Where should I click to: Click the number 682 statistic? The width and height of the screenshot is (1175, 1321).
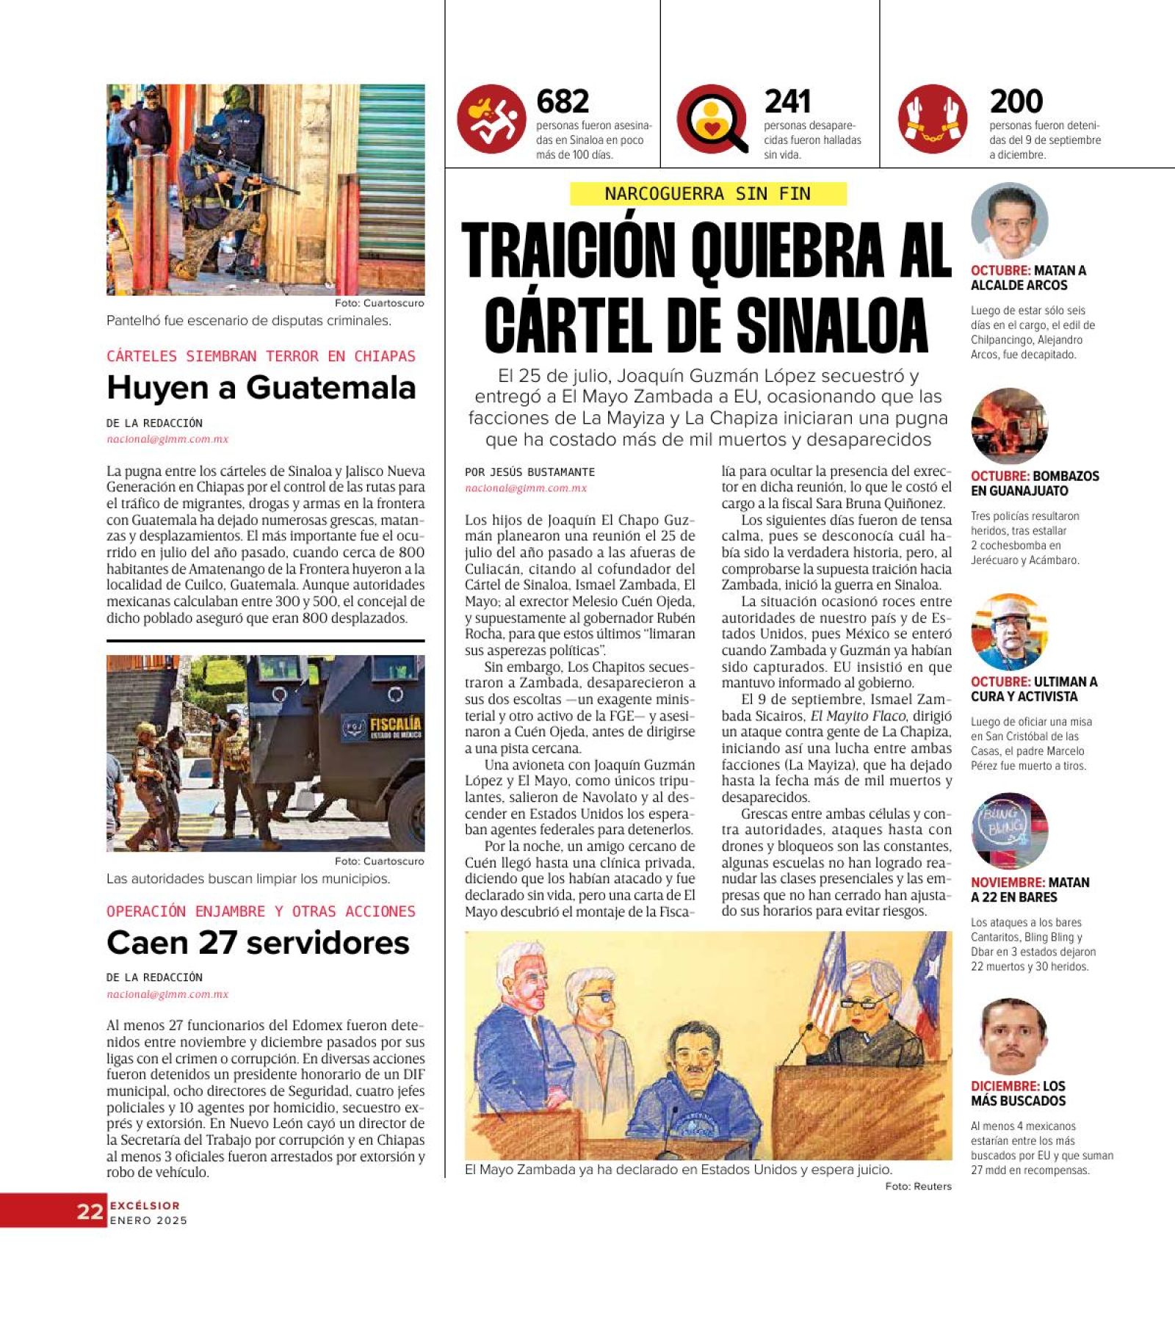563,101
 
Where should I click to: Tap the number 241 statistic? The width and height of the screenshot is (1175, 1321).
787,101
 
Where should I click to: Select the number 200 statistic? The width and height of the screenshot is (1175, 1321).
1016,101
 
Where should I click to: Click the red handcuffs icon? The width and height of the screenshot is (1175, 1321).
933,119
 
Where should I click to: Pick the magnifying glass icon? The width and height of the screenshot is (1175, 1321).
712,119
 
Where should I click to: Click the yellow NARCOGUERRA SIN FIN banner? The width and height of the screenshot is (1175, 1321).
708,194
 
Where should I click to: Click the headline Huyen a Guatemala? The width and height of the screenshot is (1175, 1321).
261,388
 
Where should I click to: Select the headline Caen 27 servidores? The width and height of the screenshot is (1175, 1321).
258,943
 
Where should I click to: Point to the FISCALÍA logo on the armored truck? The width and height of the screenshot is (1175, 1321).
395,726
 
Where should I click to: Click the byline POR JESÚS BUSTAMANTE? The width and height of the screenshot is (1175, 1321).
529,472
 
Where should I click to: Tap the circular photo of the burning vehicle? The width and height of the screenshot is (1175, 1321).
1009,426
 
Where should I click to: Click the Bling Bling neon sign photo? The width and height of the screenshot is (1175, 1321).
1009,830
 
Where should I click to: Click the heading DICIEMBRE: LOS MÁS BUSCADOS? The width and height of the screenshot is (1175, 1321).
1018,1093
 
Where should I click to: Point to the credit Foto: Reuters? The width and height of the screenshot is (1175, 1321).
918,1186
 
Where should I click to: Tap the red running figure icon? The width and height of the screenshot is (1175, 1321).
491,119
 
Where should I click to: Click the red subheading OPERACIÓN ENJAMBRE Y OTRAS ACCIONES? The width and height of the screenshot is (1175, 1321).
261,911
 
